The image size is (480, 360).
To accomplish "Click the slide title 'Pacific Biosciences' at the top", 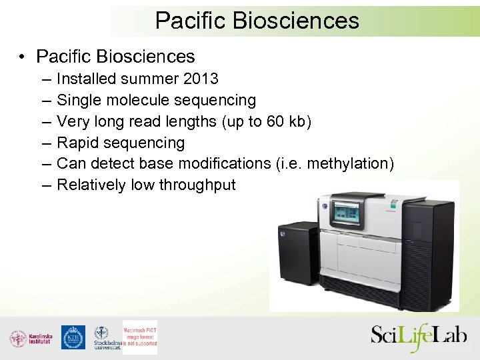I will (257, 20).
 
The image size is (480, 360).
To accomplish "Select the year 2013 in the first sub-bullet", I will (201, 79).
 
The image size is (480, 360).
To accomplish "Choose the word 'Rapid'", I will (77, 143).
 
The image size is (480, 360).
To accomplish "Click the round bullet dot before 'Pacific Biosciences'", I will (23, 57).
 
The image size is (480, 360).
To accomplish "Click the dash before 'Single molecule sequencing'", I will (44, 100).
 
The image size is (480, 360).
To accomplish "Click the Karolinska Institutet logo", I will (31, 338).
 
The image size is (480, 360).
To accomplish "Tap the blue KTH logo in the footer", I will (73, 337).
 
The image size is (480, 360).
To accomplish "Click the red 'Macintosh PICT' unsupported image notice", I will (140, 333).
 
